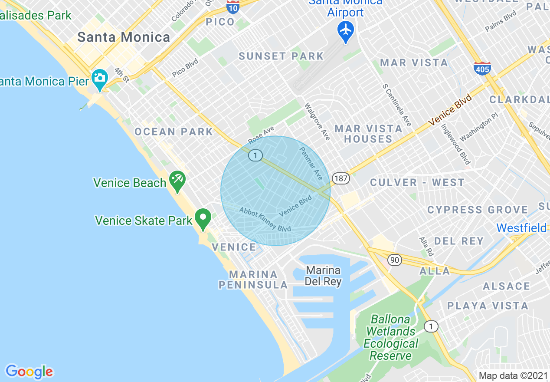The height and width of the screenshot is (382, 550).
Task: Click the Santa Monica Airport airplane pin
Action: point(346,31)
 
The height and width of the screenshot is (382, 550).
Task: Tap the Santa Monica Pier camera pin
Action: point(100,79)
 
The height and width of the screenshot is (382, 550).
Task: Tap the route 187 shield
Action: point(341,178)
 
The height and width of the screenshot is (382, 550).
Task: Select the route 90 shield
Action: point(394,260)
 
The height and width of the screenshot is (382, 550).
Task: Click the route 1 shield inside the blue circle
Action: point(255,155)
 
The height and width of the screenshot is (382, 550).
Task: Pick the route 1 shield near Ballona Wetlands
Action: point(431,326)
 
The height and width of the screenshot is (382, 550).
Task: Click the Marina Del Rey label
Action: point(323,276)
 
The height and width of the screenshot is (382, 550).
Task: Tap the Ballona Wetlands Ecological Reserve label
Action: point(391,337)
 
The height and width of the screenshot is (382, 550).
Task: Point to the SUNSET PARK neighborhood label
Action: point(281,56)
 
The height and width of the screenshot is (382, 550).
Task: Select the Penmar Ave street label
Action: point(311,163)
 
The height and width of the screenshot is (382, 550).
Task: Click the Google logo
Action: point(29,372)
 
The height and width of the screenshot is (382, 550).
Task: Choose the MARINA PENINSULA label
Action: point(253,280)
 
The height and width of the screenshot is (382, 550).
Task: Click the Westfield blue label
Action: point(522,228)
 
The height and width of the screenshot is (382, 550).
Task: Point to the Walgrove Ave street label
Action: point(317,121)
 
